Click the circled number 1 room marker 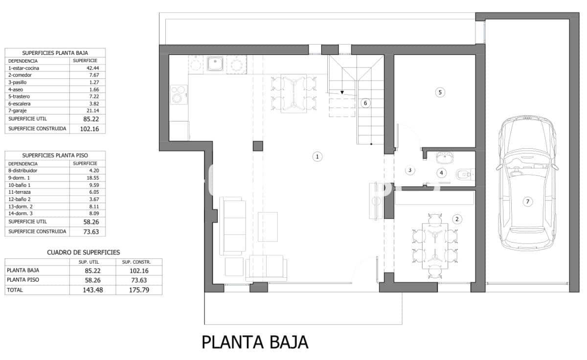point(317,157)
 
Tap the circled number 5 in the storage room point(440,92)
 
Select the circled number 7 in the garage point(527,202)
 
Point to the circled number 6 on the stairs point(365,103)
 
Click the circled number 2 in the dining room point(457,219)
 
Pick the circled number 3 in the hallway point(410,170)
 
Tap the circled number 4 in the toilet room point(442,172)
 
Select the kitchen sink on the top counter point(215,64)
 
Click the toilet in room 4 point(464,174)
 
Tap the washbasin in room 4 point(445,157)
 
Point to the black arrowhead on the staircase point(342,92)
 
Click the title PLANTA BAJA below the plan point(255,342)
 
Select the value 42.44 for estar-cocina point(92,68)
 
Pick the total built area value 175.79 point(138,290)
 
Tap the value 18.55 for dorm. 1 point(92,178)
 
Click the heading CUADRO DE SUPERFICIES point(83,252)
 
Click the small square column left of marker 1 point(258,146)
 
